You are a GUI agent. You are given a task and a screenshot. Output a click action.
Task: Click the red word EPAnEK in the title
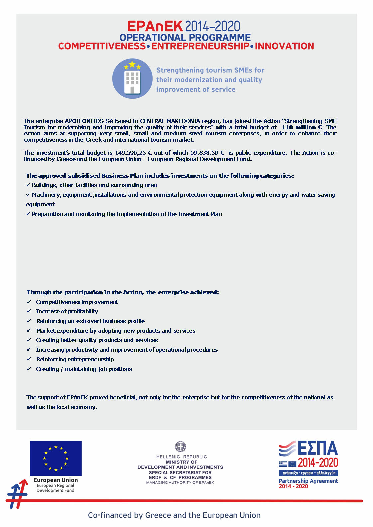(155, 26)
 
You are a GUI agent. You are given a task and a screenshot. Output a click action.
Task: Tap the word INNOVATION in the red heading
(284, 46)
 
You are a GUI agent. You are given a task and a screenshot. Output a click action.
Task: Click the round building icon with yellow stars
(132, 79)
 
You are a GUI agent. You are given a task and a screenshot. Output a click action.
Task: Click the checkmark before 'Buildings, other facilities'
(28, 185)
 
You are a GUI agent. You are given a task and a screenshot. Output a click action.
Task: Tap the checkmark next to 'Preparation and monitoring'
(28, 214)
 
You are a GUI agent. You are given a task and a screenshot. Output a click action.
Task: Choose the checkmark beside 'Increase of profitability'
(29, 311)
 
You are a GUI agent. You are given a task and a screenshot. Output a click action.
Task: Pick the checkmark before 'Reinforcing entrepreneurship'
(29, 359)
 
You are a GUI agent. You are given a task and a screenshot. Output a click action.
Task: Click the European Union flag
(56, 458)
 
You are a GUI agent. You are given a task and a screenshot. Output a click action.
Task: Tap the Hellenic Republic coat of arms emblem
(180, 447)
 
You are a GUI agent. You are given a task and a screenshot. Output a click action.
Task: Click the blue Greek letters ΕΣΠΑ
(317, 448)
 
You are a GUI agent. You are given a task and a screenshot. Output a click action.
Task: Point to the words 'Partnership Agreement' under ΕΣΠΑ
(308, 481)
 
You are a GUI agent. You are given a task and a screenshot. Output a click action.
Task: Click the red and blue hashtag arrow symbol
(17, 494)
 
